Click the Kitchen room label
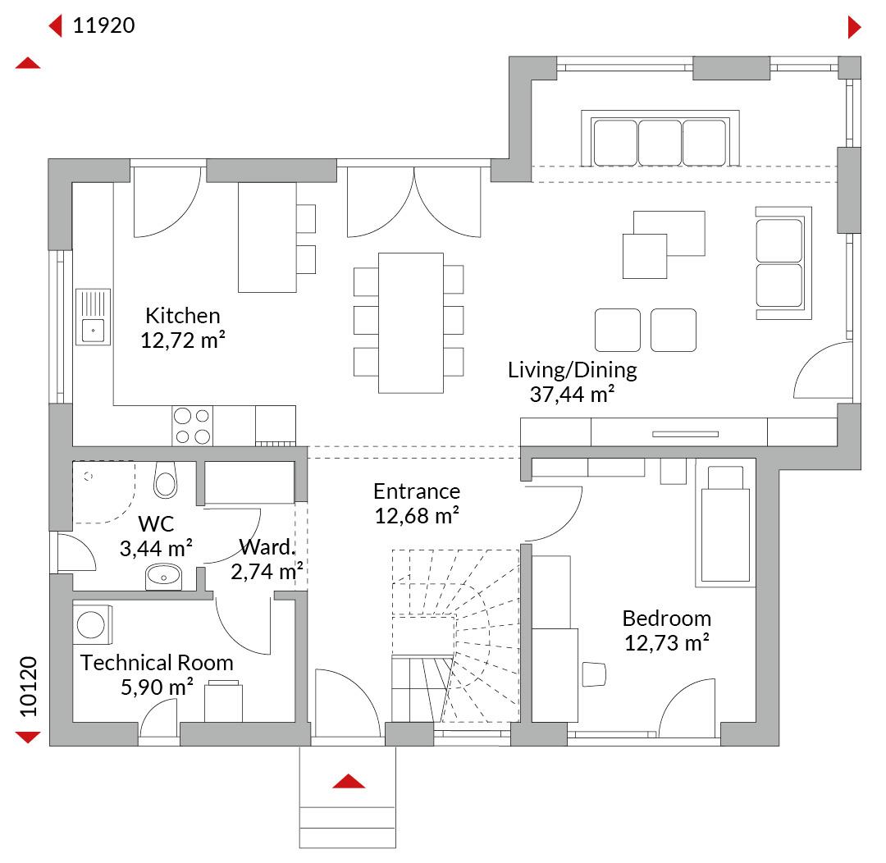182,315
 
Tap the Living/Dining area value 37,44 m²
572,395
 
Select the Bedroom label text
667,619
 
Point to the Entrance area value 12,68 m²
417,516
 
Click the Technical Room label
157,662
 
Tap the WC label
156,524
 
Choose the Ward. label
267,547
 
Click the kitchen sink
94,317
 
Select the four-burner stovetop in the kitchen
192,426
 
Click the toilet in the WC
165,480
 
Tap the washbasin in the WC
163,577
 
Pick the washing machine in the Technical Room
93,625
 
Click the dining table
411,322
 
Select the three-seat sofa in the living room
660,139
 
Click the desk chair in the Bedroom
594,674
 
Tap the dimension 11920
104,25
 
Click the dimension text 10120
28,687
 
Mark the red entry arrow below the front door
349,781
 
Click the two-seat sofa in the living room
783,263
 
